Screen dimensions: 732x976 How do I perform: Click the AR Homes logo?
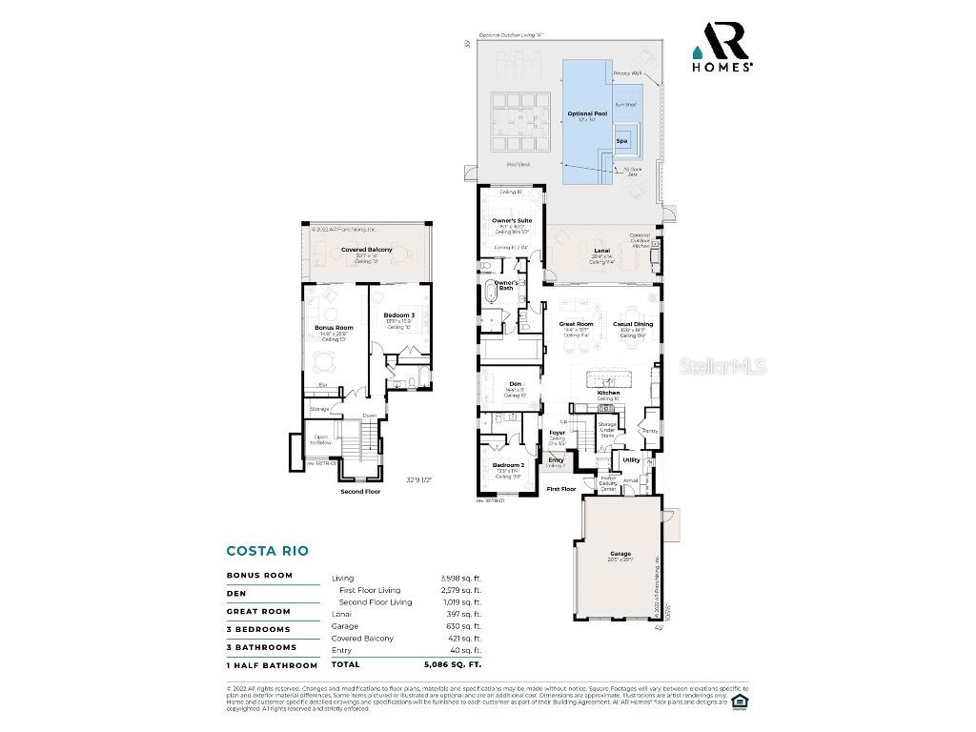[x=722, y=47]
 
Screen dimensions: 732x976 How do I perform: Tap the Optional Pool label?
[x=587, y=113]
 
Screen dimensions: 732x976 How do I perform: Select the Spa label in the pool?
[x=621, y=141]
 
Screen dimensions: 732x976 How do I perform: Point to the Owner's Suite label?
[x=512, y=220]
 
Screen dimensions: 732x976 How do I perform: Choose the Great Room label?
[x=576, y=324]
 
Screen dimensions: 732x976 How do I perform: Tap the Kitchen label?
[x=608, y=393]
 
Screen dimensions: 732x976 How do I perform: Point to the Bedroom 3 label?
[x=399, y=315]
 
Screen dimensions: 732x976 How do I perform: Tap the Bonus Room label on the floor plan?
[x=334, y=328]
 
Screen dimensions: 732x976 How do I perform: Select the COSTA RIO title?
[x=267, y=551]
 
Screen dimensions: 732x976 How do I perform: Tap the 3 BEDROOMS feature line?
[x=258, y=630]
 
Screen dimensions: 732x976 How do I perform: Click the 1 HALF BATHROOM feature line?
[x=272, y=665]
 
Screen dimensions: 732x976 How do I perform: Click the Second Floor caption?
[x=360, y=492]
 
